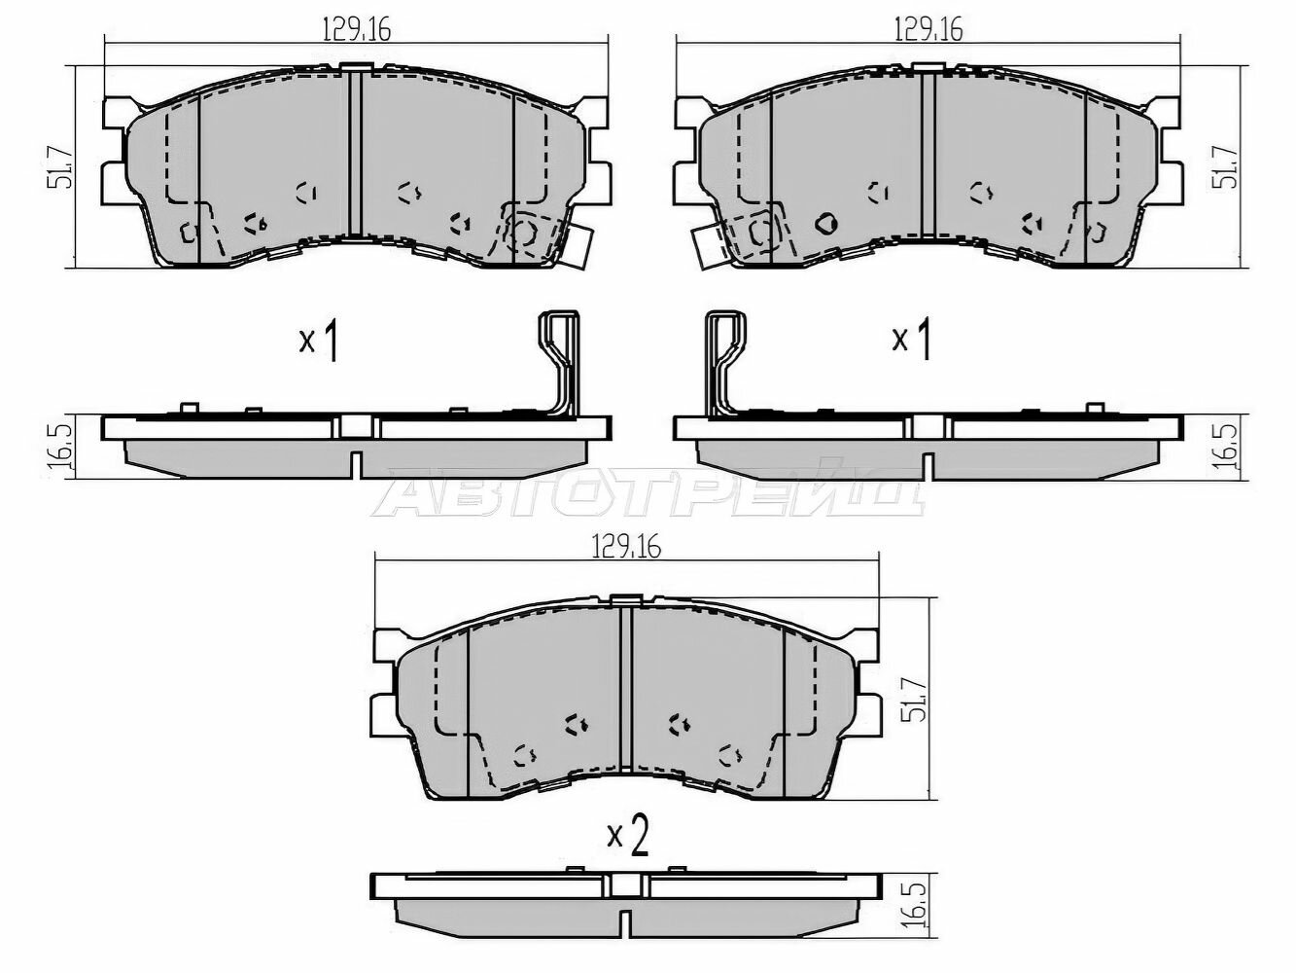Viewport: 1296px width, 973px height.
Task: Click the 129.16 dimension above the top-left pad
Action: (357, 29)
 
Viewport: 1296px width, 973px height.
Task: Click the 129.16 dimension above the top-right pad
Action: (928, 29)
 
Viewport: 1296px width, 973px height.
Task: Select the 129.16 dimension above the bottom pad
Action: (626, 549)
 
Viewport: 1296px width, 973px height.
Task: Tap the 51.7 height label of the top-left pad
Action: (62, 167)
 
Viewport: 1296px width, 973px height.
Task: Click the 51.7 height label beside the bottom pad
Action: (915, 700)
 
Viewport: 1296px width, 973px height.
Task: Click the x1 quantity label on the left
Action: (318, 341)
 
